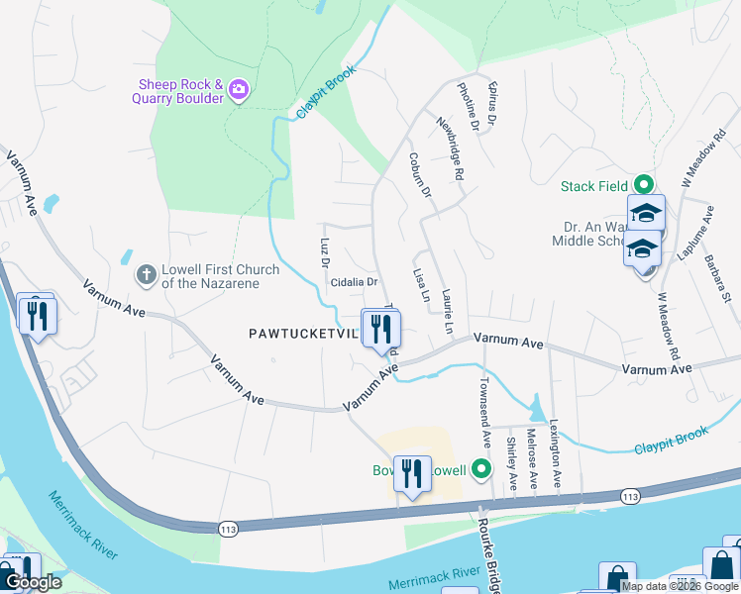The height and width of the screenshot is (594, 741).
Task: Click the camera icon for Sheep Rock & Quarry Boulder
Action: tap(238, 91)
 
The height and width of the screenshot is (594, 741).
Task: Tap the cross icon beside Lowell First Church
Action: tap(146, 274)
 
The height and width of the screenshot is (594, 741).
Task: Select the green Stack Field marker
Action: tap(643, 184)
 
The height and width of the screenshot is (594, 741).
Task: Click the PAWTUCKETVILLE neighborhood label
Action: tap(303, 335)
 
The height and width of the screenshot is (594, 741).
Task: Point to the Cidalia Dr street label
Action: tap(355, 282)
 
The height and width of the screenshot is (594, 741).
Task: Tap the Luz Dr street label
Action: tap(324, 252)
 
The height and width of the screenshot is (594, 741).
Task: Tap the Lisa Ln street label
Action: tap(420, 285)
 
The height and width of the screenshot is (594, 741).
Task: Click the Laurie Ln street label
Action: tap(447, 311)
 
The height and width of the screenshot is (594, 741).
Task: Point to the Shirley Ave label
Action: tap(511, 463)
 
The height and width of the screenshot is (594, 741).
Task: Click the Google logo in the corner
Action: tap(33, 582)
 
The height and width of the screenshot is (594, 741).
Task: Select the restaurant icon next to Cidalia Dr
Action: tap(380, 328)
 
